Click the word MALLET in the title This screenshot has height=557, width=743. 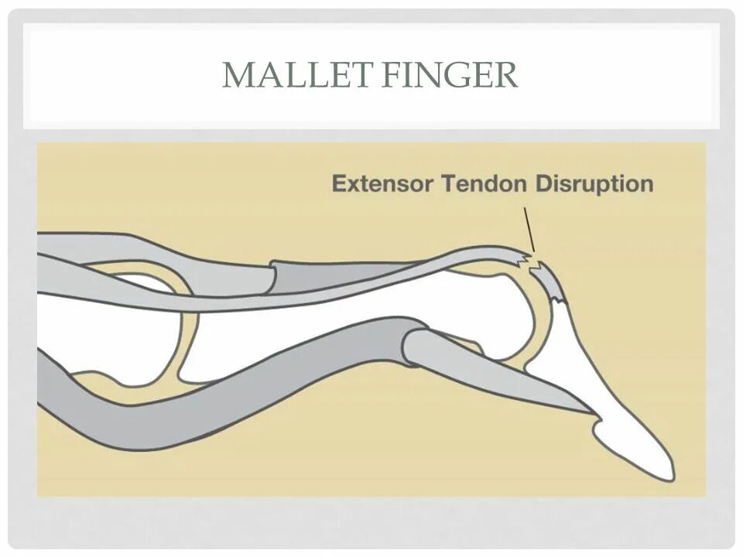tap(287, 76)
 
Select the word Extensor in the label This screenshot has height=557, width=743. tap(382, 184)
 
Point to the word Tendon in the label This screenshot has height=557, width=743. tap(475, 184)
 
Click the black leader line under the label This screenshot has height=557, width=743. tap(529, 227)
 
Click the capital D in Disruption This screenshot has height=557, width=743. tap(543, 184)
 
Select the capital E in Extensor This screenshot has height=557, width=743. tap(338, 184)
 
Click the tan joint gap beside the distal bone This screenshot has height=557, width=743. tap(541, 325)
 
